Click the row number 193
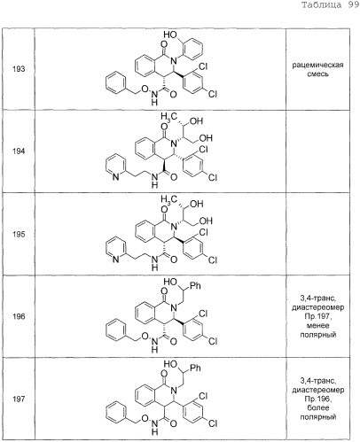[19, 69]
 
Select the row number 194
[19, 151]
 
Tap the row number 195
[19, 235]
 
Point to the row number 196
[19, 316]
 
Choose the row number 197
[19, 399]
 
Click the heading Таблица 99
[330, 5]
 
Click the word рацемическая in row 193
[317, 65]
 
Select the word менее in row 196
[317, 326]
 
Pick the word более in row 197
[317, 407]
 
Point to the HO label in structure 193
[170, 35]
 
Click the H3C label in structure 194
[168, 117]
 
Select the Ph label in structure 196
[195, 285]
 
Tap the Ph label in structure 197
[195, 368]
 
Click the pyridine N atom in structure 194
[116, 177]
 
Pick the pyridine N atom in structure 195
[116, 260]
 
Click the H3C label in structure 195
[168, 199]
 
